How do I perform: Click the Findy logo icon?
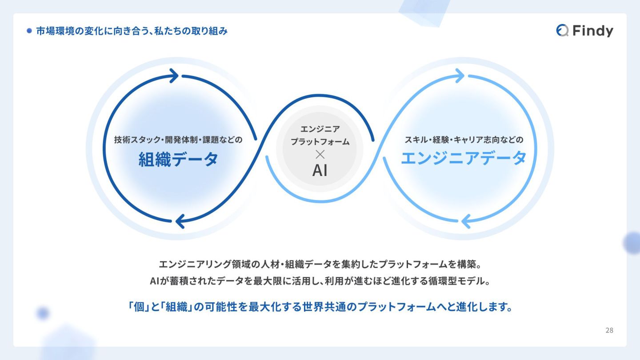click(562, 30)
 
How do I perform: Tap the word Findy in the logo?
click(593, 31)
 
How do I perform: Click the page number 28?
click(609, 330)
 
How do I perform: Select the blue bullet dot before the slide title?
click(29, 31)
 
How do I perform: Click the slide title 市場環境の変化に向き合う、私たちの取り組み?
click(132, 31)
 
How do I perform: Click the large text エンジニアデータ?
click(464, 158)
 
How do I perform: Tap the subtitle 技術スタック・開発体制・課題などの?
click(178, 140)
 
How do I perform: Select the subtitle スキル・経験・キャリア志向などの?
click(464, 140)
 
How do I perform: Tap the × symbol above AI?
click(320, 154)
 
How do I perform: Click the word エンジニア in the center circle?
click(320, 129)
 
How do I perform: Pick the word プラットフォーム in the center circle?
click(320, 142)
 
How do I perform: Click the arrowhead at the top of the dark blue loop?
click(173, 76)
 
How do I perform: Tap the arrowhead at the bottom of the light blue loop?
click(466, 221)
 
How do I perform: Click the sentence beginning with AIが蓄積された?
click(320, 281)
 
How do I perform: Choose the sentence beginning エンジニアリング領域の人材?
click(320, 264)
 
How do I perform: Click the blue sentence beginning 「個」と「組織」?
click(320, 307)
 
